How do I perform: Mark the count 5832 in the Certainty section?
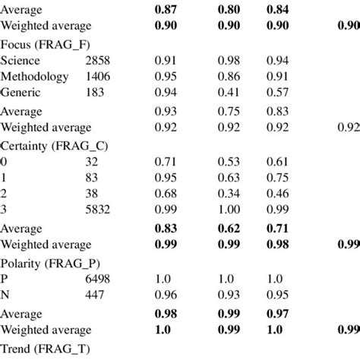tap(99, 207)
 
